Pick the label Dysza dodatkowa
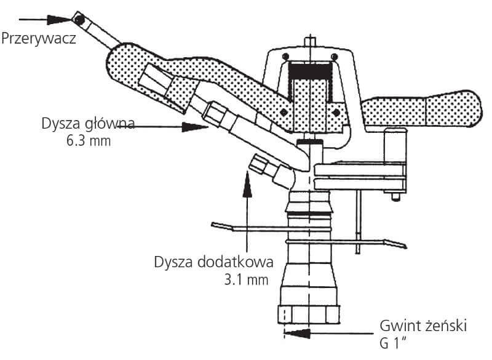pos(213,262)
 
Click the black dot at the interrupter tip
pos(79,19)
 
